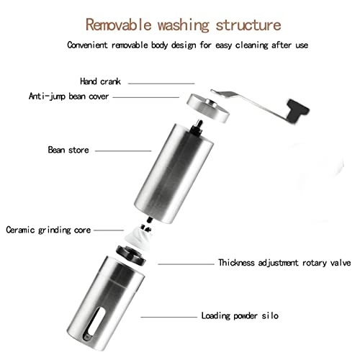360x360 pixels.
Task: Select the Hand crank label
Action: [100, 81]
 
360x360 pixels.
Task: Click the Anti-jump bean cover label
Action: [68, 94]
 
